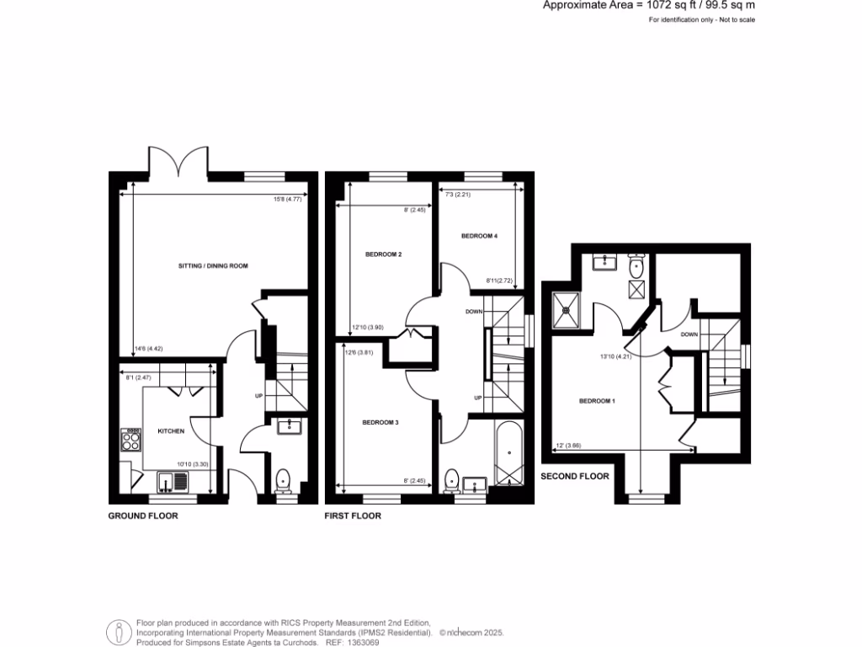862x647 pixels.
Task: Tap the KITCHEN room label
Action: click(x=171, y=431)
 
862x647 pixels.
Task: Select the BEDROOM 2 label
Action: click(x=382, y=254)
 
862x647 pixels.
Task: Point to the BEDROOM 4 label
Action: click(x=479, y=237)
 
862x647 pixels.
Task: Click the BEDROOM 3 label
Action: click(x=380, y=422)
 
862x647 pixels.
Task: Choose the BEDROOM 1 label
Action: click(x=597, y=401)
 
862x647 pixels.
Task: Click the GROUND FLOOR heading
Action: click(x=143, y=516)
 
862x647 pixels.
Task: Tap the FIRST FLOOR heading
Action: click(x=353, y=516)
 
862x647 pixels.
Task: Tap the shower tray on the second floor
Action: click(x=567, y=308)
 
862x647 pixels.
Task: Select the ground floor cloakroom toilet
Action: click(x=284, y=479)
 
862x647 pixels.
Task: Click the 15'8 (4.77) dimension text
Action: click(x=287, y=200)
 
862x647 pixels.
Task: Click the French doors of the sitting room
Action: click(x=178, y=160)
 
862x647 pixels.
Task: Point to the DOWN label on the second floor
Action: click(x=689, y=334)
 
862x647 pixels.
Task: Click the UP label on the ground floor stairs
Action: click(x=258, y=396)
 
